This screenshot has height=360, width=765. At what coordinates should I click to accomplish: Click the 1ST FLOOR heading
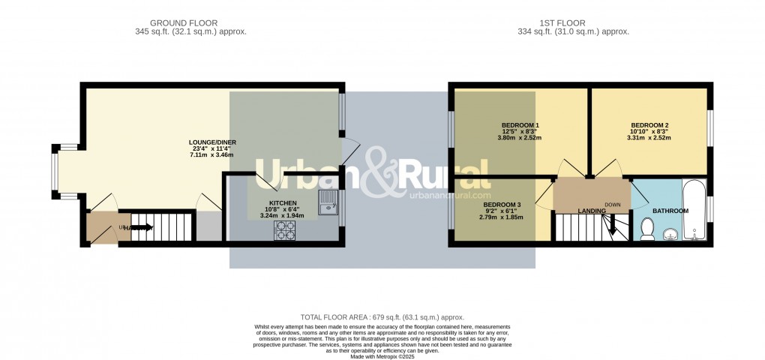click(573, 22)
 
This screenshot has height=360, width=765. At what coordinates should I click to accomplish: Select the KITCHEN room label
click(283, 203)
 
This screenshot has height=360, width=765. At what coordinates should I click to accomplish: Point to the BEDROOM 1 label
click(520, 124)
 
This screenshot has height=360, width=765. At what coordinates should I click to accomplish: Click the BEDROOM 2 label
click(649, 124)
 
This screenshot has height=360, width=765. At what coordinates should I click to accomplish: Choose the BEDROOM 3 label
click(502, 205)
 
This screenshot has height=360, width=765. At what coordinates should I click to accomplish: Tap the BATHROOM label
click(670, 211)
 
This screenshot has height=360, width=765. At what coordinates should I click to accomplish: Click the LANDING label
click(590, 211)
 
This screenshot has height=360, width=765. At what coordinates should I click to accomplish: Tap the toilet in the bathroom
click(649, 229)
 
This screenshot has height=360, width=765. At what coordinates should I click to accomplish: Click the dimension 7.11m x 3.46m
click(211, 155)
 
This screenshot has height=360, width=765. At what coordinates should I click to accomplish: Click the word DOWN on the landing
click(613, 204)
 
